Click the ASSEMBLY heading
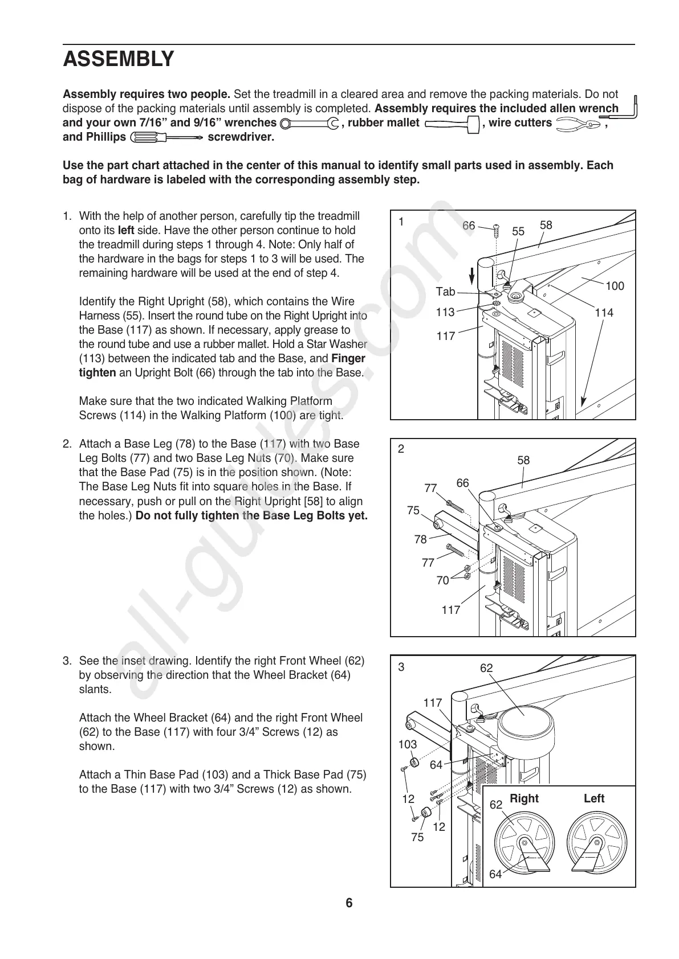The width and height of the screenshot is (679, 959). [118, 59]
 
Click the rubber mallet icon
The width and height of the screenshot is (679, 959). [451, 124]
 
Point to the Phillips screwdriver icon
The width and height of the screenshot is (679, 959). [166, 137]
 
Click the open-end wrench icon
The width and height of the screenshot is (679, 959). [310, 124]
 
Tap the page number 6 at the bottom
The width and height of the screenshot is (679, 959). [349, 903]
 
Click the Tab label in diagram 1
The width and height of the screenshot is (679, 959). [445, 292]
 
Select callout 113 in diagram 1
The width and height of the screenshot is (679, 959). [445, 312]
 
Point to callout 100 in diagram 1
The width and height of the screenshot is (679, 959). [614, 286]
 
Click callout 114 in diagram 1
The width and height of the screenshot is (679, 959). [603, 313]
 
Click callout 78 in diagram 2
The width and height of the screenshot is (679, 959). [420, 539]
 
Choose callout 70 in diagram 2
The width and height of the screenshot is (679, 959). [442, 581]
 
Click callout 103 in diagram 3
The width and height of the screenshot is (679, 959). [407, 744]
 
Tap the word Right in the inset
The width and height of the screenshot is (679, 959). [524, 798]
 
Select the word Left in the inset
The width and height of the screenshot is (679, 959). [593, 798]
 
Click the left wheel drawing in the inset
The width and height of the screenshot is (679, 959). [595, 842]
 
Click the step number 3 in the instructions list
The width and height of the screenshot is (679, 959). [67, 661]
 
